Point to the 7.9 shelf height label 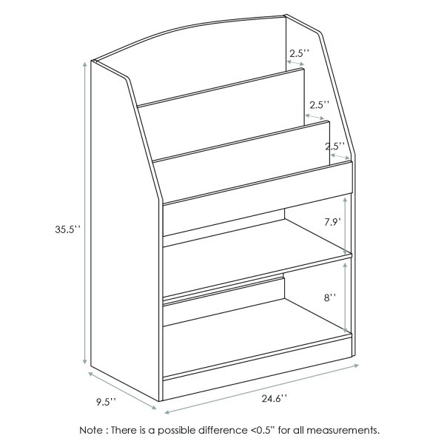331,221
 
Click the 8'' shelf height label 330,297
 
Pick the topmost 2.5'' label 298,54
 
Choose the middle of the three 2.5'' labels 319,104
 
